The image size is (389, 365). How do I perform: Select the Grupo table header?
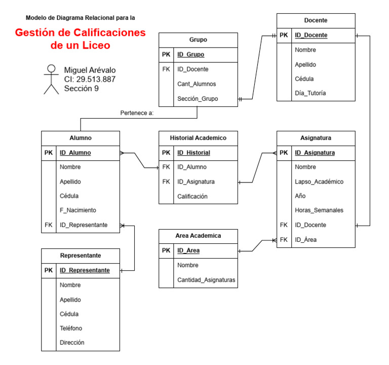click(198, 40)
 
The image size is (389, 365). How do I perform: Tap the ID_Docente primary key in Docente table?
click(311, 35)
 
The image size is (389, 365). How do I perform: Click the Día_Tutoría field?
click(310, 93)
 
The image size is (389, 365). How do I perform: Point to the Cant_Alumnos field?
click(197, 84)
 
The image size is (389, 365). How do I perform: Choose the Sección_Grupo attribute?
click(198, 98)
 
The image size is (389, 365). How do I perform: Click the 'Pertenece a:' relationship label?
click(137, 113)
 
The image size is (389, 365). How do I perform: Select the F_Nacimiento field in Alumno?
click(77, 210)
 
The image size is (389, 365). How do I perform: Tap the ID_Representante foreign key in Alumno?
click(84, 225)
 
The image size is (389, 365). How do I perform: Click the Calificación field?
click(192, 196)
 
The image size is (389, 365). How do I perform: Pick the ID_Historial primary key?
click(193, 153)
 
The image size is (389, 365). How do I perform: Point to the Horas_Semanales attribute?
click(319, 210)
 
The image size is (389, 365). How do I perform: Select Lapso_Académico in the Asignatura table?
click(319, 181)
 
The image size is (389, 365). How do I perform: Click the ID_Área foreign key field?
click(306, 240)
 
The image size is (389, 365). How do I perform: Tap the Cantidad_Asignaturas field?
click(206, 280)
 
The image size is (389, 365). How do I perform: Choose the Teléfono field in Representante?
click(71, 328)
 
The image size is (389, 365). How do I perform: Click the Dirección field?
click(72, 342)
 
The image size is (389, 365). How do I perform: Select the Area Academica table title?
click(198, 236)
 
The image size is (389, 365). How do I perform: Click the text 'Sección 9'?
click(81, 88)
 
